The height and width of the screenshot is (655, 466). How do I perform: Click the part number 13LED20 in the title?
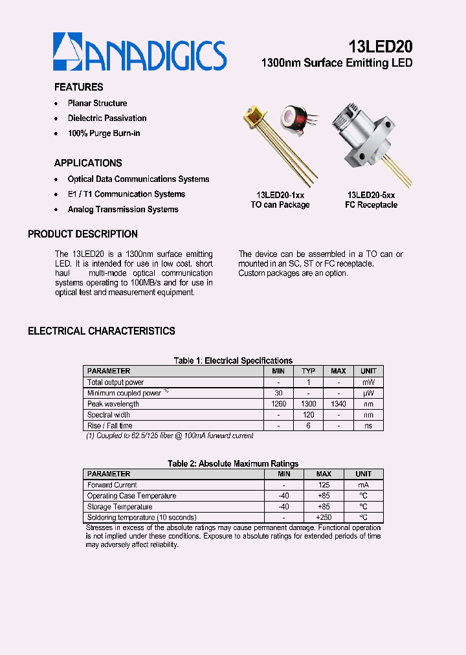380,47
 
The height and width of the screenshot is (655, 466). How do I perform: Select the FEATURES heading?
78,87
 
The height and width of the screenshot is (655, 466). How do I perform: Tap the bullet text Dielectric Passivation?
107,118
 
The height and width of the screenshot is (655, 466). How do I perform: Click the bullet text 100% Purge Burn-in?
104,133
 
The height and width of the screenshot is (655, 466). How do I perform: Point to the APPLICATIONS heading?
88,163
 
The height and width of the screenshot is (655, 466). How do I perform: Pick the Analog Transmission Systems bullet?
123,210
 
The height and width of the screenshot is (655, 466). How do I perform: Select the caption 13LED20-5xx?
371,195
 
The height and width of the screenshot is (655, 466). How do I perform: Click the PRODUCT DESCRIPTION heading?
83,234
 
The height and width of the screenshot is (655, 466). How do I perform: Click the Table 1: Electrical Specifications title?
233,361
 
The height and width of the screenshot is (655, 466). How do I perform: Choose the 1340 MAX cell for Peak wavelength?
338,404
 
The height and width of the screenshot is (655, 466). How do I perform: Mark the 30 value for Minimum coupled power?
278,393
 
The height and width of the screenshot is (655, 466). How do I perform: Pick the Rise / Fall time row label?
110,426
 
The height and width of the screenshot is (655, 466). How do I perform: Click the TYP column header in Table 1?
308,371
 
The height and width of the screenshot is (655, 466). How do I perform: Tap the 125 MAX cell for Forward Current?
324,485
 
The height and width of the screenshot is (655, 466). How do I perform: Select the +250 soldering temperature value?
324,518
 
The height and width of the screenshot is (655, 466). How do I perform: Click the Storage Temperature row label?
120,507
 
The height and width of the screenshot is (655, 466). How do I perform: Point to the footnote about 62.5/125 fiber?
170,436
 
